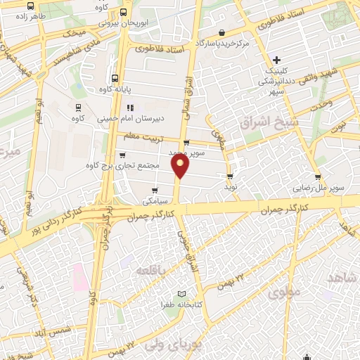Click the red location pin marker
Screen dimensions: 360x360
click(x=181, y=166)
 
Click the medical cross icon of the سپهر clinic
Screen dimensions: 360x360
click(x=278, y=60)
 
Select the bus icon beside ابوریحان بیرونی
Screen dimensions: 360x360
click(x=124, y=12)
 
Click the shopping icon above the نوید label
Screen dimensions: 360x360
click(x=229, y=176)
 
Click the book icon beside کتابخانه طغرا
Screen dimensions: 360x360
click(x=183, y=293)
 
